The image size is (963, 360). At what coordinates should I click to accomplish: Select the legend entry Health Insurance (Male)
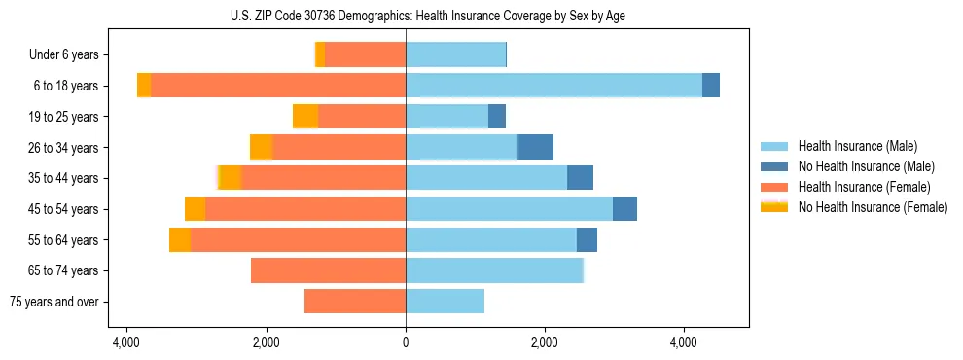tap(857, 146)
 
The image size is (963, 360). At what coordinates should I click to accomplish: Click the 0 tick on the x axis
tap(406, 342)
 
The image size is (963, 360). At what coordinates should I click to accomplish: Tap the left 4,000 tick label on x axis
tap(126, 342)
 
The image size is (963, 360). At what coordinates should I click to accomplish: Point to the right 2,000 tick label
tap(545, 342)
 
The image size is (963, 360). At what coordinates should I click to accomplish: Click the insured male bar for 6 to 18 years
tap(553, 86)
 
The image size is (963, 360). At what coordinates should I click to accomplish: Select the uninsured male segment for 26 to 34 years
tap(536, 147)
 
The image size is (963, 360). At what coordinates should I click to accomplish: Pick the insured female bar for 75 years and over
tap(355, 302)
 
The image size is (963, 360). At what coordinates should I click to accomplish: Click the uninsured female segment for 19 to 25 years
tap(305, 117)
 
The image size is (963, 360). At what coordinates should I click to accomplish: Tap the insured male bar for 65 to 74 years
tap(494, 270)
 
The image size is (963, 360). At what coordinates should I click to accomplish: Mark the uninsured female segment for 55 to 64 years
tap(180, 239)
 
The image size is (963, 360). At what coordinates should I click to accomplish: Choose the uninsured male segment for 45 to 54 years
tap(624, 209)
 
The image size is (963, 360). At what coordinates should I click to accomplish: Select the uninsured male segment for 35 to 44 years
tap(580, 178)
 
